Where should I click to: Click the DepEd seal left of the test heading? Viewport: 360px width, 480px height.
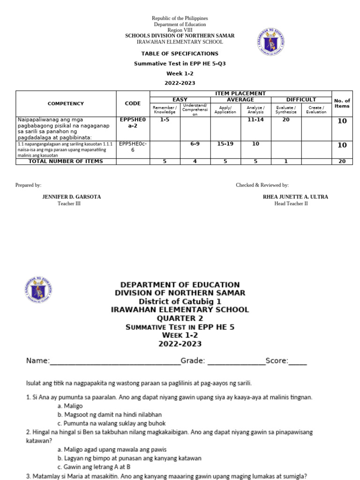pos(38,292)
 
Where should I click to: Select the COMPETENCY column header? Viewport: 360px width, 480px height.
pos(66,104)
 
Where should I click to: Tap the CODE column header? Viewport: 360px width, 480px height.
pos(133,104)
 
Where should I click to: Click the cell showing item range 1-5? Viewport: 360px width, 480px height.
pos(165,120)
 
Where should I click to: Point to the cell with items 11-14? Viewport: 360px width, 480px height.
pos(255,120)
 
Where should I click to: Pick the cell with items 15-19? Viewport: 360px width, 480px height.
pos(225,144)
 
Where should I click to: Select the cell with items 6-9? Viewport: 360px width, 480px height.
pos(195,144)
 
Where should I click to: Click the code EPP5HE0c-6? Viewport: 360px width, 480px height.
pos(133,147)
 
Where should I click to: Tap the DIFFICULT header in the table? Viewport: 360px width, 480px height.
pos(301,100)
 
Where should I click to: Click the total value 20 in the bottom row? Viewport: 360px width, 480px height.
pos(342,161)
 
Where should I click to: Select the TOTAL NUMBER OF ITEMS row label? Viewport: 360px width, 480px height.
pos(66,161)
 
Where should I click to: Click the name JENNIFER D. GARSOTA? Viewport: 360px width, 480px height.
pos(72,197)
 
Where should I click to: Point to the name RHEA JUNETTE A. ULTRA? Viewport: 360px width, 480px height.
pos(295,197)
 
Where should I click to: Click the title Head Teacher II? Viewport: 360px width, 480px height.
pos(291,203)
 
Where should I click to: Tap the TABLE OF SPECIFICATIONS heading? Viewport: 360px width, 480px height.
pos(180,53)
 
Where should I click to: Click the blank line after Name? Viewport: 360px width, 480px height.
pos(114,361)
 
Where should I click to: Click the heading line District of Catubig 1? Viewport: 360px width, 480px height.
pos(180,301)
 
